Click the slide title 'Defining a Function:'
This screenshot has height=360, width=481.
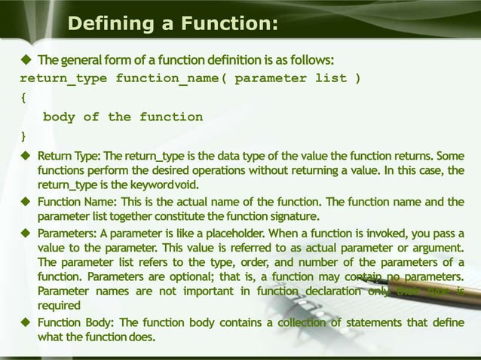coord(173,25)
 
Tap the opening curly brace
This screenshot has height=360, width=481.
coord(23,98)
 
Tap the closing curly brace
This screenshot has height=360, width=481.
coord(23,136)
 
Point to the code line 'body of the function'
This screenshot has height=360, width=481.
coord(123,117)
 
